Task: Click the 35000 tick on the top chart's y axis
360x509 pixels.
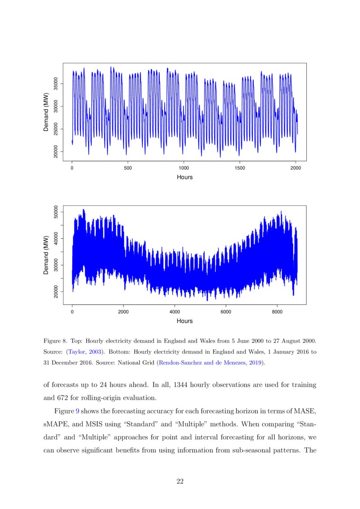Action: [55, 84]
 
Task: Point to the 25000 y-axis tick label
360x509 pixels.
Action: [55, 129]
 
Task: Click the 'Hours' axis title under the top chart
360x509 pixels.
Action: [185, 177]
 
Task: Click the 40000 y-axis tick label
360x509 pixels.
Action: [55, 239]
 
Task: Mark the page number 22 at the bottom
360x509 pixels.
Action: [180, 481]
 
